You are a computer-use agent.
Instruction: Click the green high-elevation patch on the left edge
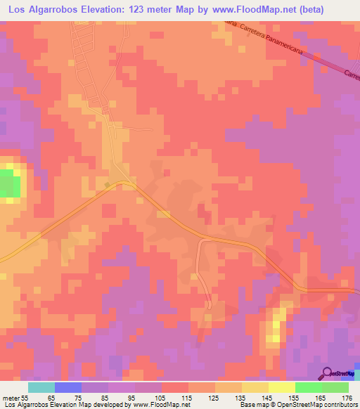8,184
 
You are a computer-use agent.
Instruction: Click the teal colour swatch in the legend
41,387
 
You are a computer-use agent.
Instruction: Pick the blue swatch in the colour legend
68,387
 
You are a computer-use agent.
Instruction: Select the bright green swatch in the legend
309,387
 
